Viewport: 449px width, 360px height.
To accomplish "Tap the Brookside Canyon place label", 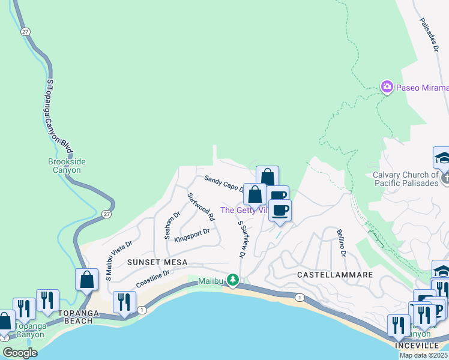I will (x=64, y=166).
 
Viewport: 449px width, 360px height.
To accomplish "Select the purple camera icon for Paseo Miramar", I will (x=387, y=88).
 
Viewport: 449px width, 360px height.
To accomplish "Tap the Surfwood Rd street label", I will (x=200, y=205).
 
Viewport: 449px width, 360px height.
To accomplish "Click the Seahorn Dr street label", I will (x=172, y=225).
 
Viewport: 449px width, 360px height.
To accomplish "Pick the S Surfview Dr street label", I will (x=242, y=239).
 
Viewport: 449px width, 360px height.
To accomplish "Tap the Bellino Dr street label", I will (x=341, y=242).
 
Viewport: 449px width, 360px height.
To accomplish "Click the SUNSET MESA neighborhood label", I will (x=157, y=263).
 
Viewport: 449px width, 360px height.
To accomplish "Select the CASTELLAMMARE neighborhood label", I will (x=336, y=274).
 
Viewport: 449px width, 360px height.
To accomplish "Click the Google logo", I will (x=20, y=353).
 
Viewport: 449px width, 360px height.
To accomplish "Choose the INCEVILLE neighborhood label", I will (x=414, y=346).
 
